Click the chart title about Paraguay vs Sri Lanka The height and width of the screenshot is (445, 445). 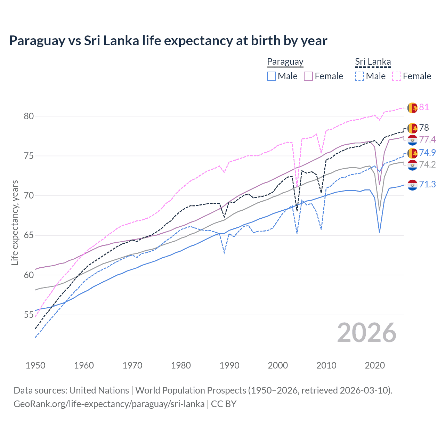[x=168, y=41]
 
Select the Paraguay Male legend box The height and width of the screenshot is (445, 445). [x=272, y=76]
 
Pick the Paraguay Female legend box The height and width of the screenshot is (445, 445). [x=308, y=76]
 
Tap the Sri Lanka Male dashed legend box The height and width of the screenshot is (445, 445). [x=359, y=76]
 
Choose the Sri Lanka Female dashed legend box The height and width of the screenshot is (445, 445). [x=397, y=76]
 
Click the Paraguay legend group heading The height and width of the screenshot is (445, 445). [x=285, y=62]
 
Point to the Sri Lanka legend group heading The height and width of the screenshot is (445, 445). [x=373, y=62]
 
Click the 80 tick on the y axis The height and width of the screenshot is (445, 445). [x=29, y=116]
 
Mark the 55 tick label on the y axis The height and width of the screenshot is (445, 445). [x=29, y=315]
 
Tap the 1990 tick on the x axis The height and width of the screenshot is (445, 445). [x=229, y=365]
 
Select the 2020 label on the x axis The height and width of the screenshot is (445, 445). [x=375, y=365]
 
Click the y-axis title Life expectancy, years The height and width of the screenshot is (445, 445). [x=15, y=222]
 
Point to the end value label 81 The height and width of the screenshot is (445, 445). [x=424, y=107]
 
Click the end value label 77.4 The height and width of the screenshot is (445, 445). [x=427, y=139]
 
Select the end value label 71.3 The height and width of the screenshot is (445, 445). [x=427, y=184]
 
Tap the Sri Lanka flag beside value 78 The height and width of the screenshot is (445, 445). [x=412, y=128]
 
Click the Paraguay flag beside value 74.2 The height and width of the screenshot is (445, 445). [x=412, y=165]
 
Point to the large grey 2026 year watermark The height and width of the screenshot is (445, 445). [x=366, y=333]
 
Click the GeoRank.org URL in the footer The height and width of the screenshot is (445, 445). [x=109, y=404]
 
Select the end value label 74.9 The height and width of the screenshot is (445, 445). [x=427, y=153]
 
